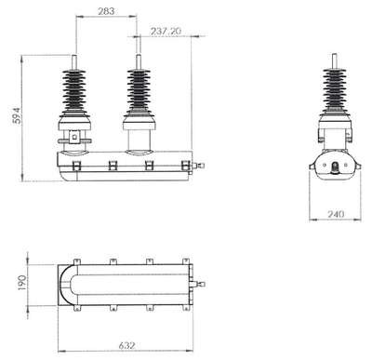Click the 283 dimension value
(x=106, y=11)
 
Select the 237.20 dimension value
(x=166, y=31)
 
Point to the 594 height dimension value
(x=17, y=115)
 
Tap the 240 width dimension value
(x=336, y=214)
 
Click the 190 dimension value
(x=22, y=283)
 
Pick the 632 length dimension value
(x=127, y=345)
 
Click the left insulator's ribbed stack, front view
(x=74, y=90)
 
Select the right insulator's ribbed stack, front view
(x=139, y=90)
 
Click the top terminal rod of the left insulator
(x=74, y=62)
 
